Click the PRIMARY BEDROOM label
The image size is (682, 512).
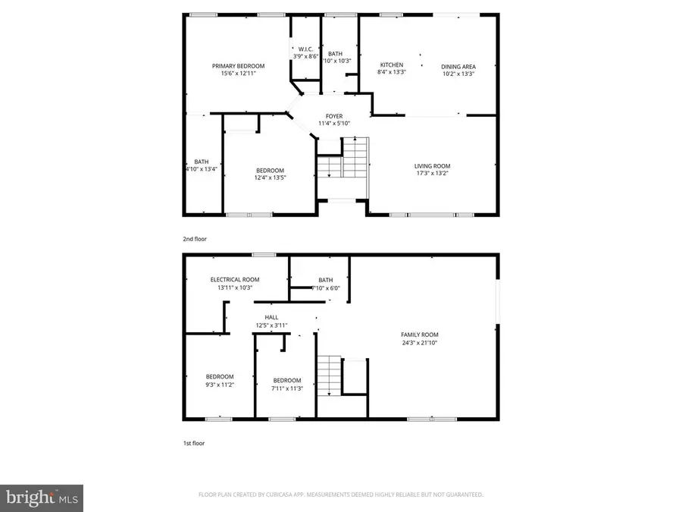coord(238,66)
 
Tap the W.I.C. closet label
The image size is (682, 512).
coord(305,49)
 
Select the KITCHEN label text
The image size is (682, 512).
coord(391,65)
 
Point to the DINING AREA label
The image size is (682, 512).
coord(458,66)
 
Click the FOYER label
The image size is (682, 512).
coord(334,116)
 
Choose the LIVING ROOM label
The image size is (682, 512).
coord(432,166)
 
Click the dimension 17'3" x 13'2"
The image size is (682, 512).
coord(432,174)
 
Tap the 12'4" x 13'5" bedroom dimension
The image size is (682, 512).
coord(269,177)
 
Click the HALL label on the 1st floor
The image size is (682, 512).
coord(271,317)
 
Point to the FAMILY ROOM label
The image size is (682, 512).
coord(419,335)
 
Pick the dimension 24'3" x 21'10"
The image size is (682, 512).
coord(419,343)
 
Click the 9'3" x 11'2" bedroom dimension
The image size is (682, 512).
coord(220,385)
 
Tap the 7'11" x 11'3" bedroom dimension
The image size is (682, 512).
coord(287,388)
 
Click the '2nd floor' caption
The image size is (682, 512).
coord(195,239)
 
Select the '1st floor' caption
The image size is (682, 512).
coord(194,442)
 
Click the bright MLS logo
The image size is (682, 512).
coord(42,498)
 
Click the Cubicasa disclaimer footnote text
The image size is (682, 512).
coord(341,494)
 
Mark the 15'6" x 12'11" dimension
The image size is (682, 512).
coord(238,74)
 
